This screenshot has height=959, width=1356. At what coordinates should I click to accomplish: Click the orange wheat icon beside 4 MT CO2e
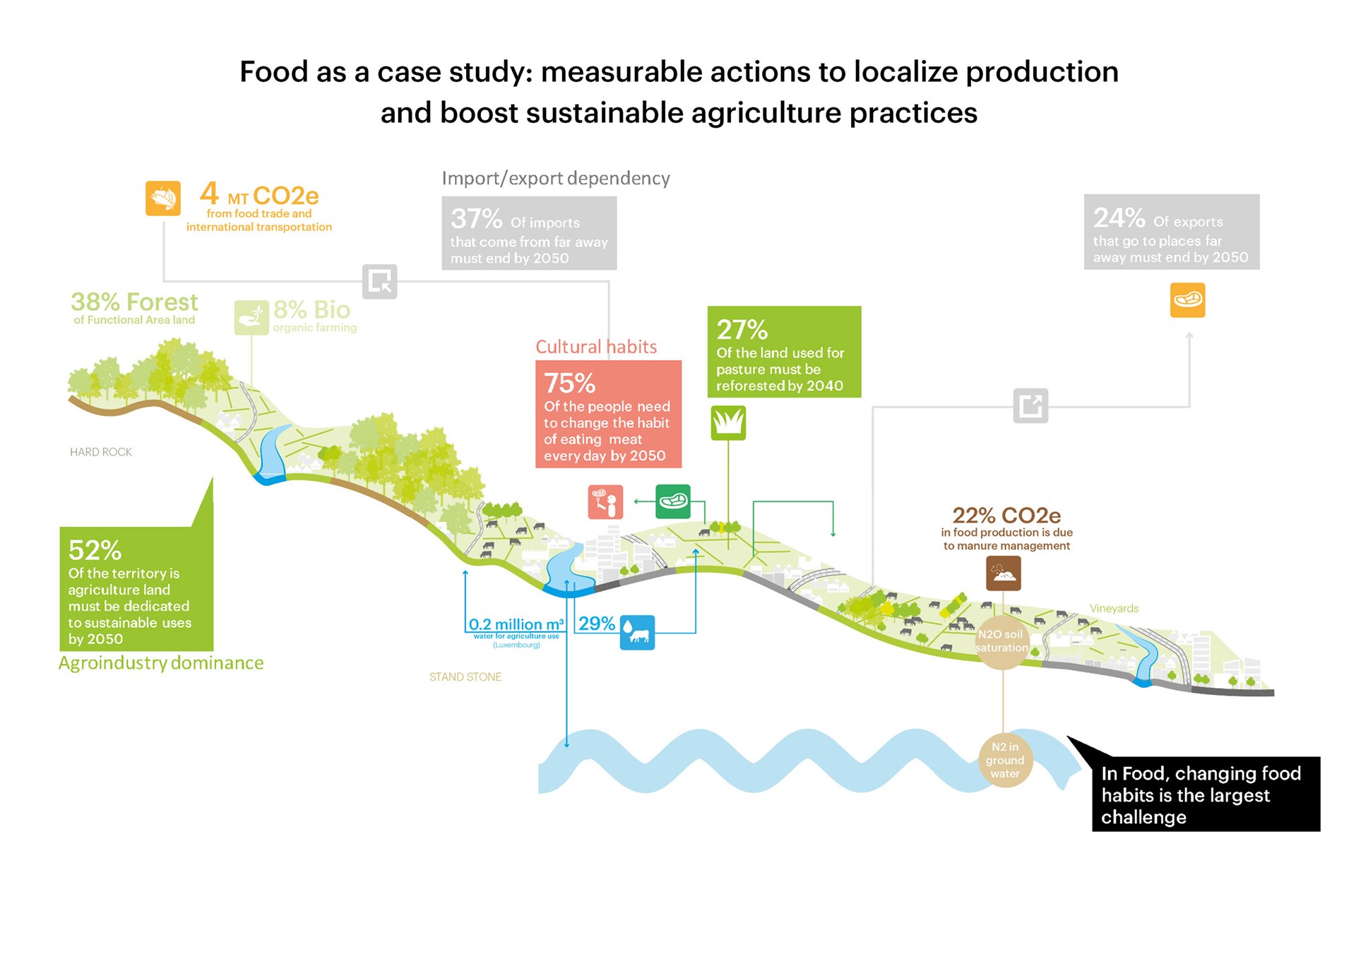pyautogui.click(x=163, y=198)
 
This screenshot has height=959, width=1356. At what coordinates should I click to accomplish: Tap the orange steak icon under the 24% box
pyautogui.click(x=1187, y=300)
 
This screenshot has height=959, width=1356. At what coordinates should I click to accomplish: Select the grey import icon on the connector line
pyautogui.click(x=380, y=282)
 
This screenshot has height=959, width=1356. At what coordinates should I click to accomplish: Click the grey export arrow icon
pyautogui.click(x=1030, y=405)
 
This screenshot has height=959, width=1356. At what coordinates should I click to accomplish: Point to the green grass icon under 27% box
pyautogui.click(x=728, y=423)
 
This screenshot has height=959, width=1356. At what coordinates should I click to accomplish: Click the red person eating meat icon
pyautogui.click(x=605, y=502)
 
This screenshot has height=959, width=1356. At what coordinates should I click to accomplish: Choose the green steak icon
pyautogui.click(x=673, y=501)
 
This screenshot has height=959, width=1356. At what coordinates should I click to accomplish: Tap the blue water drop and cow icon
pyautogui.click(x=637, y=632)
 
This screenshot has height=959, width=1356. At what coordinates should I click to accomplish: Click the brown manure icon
pyautogui.click(x=1004, y=573)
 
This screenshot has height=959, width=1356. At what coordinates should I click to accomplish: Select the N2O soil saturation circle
pyautogui.click(x=1002, y=641)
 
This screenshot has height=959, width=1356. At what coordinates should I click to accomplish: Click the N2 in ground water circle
pyautogui.click(x=1005, y=761)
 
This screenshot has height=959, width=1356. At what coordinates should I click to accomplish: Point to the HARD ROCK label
pyautogui.click(x=101, y=452)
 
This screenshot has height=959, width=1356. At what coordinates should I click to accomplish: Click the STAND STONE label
pyautogui.click(x=465, y=677)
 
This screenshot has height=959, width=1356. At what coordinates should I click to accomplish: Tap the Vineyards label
pyautogui.click(x=1114, y=609)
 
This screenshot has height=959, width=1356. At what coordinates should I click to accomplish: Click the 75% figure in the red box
pyautogui.click(x=569, y=383)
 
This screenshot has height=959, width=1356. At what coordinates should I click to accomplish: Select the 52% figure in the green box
pyautogui.click(x=95, y=550)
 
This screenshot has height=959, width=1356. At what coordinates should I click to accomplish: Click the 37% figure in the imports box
pyautogui.click(x=476, y=219)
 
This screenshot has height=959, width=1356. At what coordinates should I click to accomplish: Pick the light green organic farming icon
pyautogui.click(x=251, y=318)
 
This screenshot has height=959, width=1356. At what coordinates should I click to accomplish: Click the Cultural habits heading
pyautogui.click(x=596, y=347)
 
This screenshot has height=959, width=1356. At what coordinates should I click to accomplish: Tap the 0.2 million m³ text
pyautogui.click(x=516, y=624)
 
